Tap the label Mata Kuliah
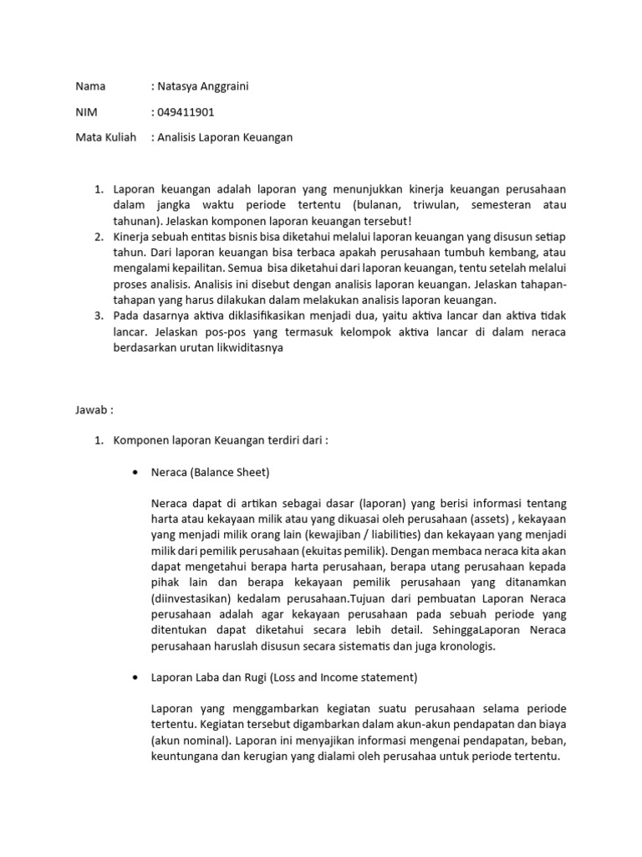(x=105, y=137)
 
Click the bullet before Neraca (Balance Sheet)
(x=135, y=473)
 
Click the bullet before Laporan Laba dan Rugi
(x=135, y=677)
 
